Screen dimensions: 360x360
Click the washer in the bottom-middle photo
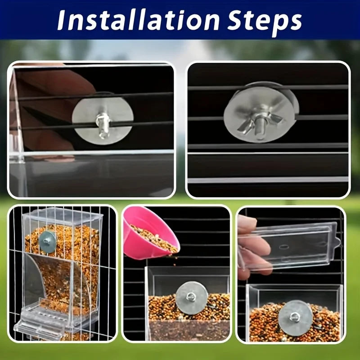192,297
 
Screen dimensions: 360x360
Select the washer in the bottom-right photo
295,317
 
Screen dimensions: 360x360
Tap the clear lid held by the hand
292,245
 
